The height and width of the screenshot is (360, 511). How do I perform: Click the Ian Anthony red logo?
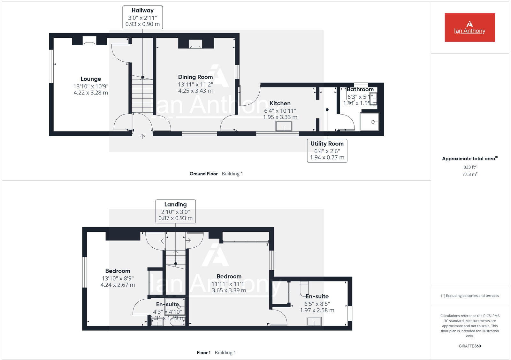[469, 27]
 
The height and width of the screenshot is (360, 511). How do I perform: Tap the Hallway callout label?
[142, 18]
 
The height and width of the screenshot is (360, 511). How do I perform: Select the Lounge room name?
[91, 79]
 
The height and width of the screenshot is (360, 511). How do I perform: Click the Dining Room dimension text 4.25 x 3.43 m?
[195, 91]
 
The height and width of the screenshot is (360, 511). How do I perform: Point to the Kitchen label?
[280, 103]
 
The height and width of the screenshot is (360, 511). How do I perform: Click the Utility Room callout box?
[327, 151]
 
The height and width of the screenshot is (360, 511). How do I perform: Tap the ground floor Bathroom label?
[360, 89]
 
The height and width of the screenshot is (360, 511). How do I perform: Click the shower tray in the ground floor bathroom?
[370, 122]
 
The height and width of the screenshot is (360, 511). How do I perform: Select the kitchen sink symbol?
[284, 127]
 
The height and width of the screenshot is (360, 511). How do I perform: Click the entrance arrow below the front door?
[142, 136]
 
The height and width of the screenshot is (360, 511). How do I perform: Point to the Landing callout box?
[175, 211]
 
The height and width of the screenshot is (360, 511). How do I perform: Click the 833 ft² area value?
[469, 167]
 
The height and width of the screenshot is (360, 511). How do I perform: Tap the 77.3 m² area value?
[469, 174]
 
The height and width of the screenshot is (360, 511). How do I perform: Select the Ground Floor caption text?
[203, 174]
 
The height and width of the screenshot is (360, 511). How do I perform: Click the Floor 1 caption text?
[203, 352]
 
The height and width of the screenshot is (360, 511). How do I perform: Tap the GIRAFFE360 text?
[469, 346]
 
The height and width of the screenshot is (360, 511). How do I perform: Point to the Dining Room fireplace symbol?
[196, 44]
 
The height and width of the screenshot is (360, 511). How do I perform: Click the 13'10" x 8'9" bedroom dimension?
[118, 278]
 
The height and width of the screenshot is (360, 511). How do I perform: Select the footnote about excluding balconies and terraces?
[469, 296]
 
